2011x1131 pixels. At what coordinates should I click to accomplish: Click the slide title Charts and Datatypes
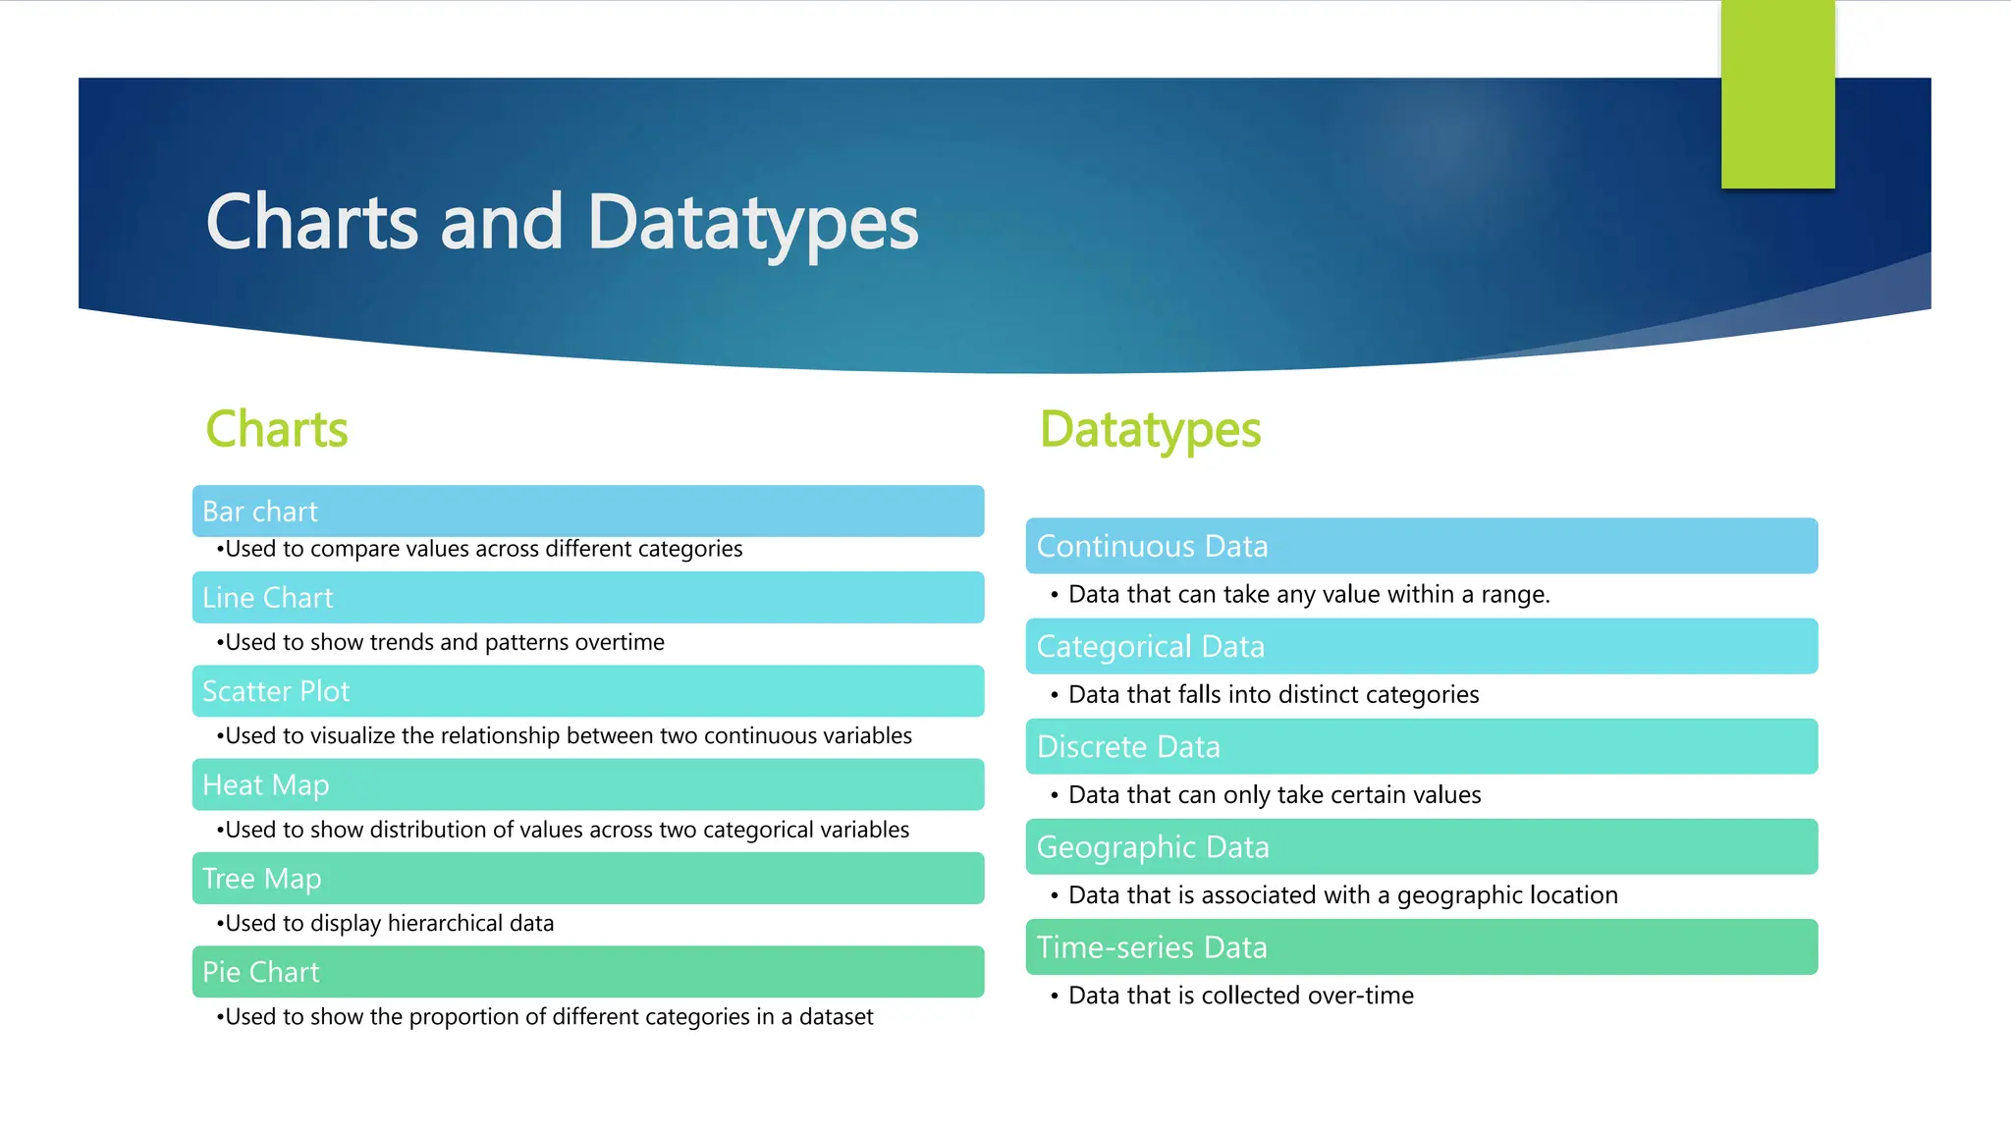tap(562, 224)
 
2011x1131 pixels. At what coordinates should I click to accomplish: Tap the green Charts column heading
tap(277, 429)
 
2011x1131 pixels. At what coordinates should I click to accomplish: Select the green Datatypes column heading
tap(1150, 430)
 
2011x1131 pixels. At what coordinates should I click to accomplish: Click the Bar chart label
tap(260, 512)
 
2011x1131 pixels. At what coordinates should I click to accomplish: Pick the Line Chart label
tap(268, 598)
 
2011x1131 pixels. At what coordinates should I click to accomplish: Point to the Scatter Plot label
tap(276, 691)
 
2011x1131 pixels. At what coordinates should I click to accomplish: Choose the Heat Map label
tap(266, 785)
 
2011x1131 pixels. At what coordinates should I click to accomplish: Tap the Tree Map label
tap(262, 879)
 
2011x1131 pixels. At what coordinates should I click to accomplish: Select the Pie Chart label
tap(261, 972)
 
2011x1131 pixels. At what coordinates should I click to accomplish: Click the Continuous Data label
tap(1152, 546)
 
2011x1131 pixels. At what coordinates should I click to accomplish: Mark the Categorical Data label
tap(1150, 647)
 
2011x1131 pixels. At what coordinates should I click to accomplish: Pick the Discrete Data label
tap(1128, 747)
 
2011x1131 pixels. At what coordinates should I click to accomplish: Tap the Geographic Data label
tap(1153, 847)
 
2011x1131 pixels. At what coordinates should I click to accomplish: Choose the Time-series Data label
tap(1152, 947)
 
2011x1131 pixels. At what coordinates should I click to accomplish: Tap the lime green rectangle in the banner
tap(1777, 94)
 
